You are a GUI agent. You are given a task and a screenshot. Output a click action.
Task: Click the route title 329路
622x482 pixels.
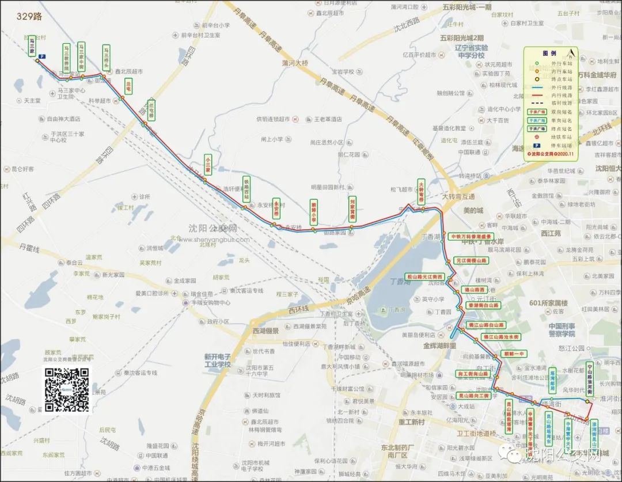click(x=29, y=17)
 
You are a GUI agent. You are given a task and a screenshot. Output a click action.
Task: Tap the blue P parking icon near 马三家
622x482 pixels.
click(x=42, y=56)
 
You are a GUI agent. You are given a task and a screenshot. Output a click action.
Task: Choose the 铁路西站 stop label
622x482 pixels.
click(x=246, y=188)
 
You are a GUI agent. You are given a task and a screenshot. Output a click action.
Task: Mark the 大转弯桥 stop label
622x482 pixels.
click(x=421, y=192)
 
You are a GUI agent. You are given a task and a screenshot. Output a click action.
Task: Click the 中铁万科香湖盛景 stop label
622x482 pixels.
click(x=472, y=236)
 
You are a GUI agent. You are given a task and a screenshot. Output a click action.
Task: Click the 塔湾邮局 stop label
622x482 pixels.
click(x=552, y=380)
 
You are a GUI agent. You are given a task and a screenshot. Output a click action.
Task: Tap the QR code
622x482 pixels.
click(x=67, y=390)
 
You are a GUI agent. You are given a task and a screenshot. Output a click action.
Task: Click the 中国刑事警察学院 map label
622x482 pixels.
click(x=553, y=329)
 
